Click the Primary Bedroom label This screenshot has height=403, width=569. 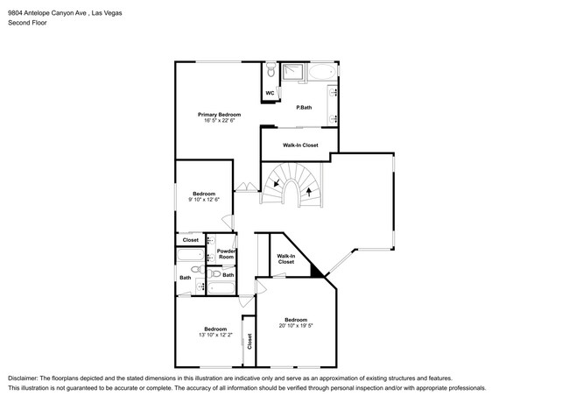coord(219,115)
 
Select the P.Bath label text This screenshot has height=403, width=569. coord(304,108)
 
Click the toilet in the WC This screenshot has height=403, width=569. coord(270,70)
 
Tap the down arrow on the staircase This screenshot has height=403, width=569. coord(278,183)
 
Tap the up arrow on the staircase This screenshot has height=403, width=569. coord(308,187)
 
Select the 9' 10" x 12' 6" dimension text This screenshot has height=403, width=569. coord(204,200)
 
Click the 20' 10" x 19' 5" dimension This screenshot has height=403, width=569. coord(295,326)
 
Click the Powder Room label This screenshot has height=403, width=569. coord(226,253)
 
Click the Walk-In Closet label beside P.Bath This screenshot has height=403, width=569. coord(299,145)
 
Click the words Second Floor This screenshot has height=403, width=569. coord(28,22)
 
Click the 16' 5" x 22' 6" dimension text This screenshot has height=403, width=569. coord(219,122)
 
